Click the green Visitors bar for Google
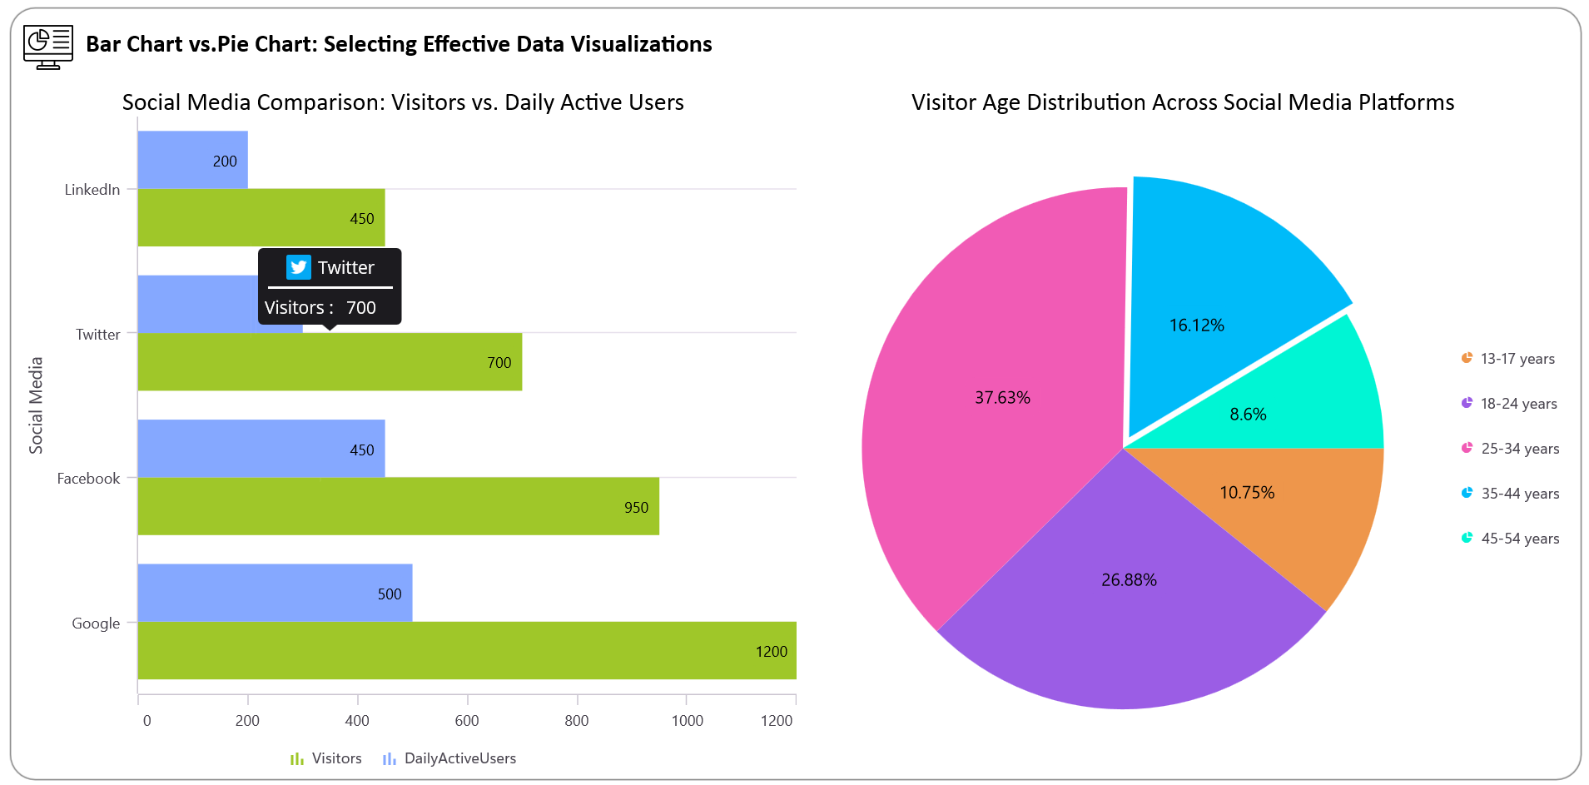(x=466, y=650)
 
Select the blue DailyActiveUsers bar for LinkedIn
(x=192, y=160)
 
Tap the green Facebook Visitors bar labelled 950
(x=398, y=506)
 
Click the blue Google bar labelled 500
(x=275, y=593)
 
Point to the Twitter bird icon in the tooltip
(x=298, y=267)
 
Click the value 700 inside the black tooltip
(x=361, y=308)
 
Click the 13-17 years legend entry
(x=1508, y=359)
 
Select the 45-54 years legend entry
(x=1510, y=539)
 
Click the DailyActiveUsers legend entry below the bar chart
(x=449, y=758)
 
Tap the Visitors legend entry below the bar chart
(x=326, y=758)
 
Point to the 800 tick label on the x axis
(x=576, y=721)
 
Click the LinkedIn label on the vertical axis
(x=92, y=190)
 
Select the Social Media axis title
(x=36, y=405)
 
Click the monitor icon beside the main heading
(x=48, y=47)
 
